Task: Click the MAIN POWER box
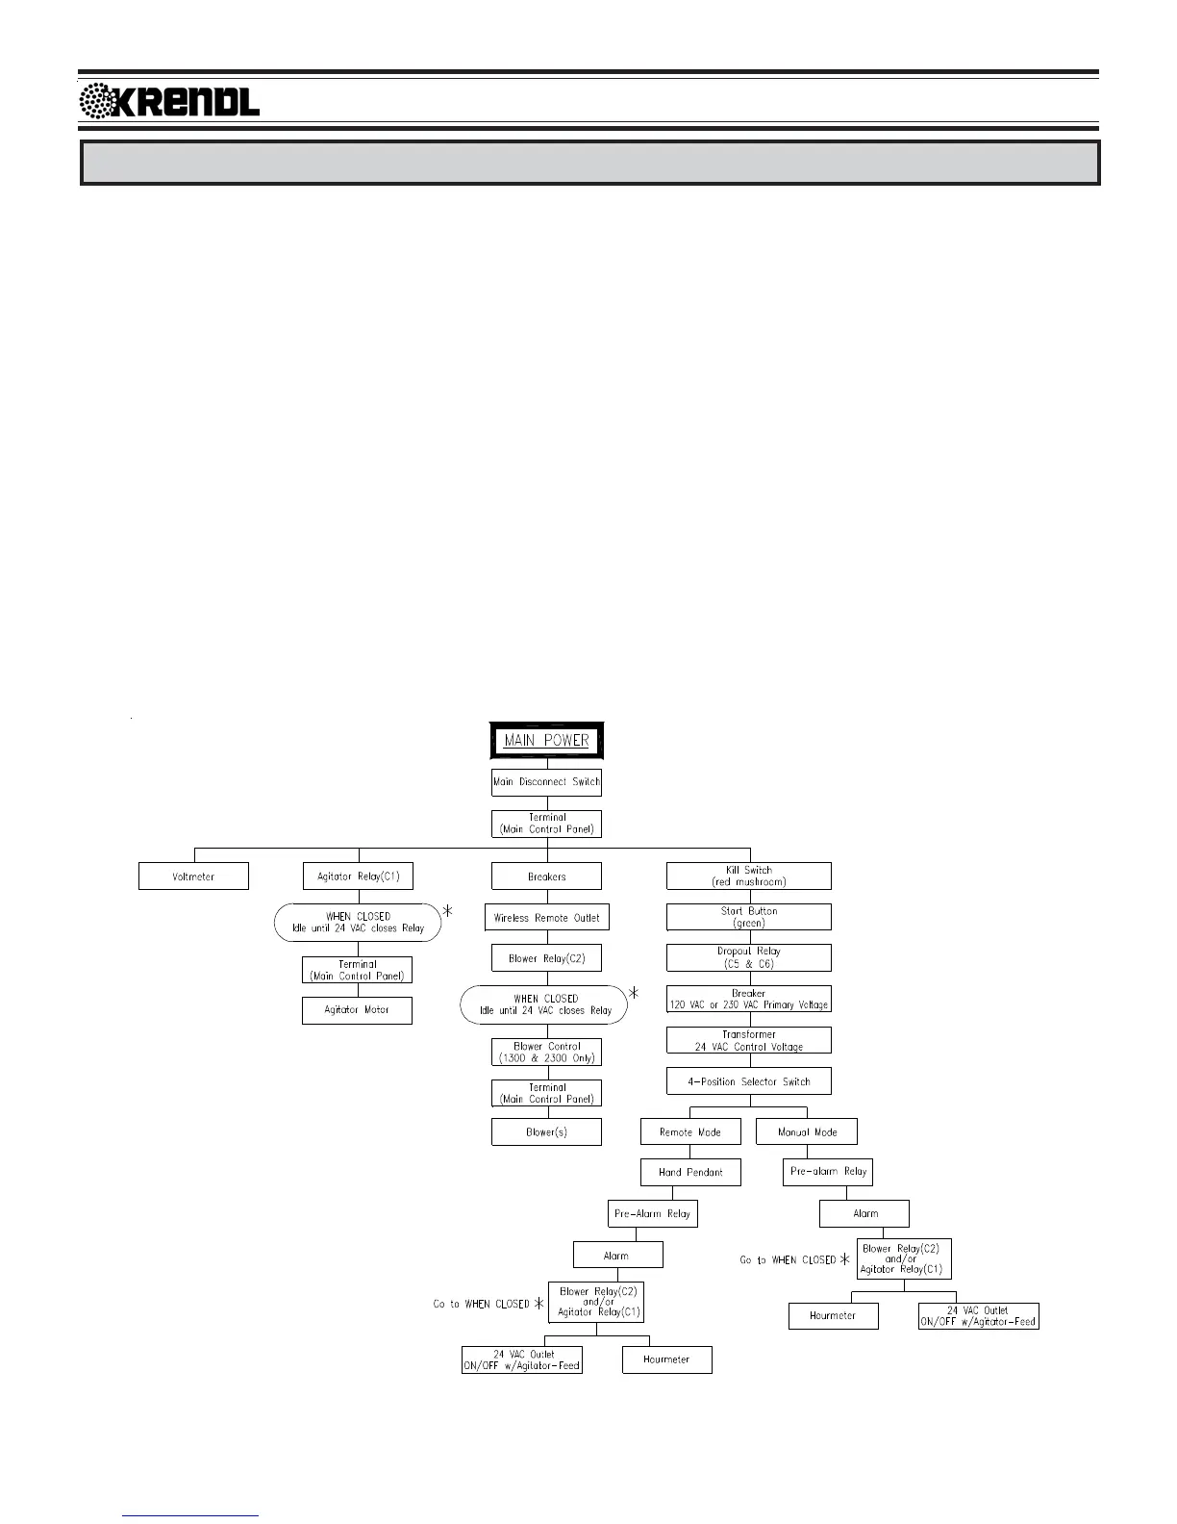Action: point(546,741)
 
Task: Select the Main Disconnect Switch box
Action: point(546,782)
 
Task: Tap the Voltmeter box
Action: point(193,876)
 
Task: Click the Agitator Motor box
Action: point(357,1010)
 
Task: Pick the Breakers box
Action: point(546,876)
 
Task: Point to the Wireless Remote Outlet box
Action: point(546,918)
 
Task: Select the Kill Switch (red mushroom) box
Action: point(749,876)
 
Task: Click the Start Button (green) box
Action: point(749,917)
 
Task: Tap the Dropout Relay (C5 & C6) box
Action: point(749,957)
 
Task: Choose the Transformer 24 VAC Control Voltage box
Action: point(749,1040)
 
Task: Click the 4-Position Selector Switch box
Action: point(749,1081)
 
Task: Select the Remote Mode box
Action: point(690,1132)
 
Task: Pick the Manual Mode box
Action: point(806,1132)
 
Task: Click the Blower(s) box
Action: point(546,1131)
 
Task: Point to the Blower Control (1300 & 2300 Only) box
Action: point(546,1052)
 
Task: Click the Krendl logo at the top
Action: point(169,100)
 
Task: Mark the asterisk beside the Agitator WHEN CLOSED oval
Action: point(448,910)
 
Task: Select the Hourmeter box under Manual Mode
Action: point(833,1315)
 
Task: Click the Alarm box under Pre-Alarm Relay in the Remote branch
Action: point(617,1256)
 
